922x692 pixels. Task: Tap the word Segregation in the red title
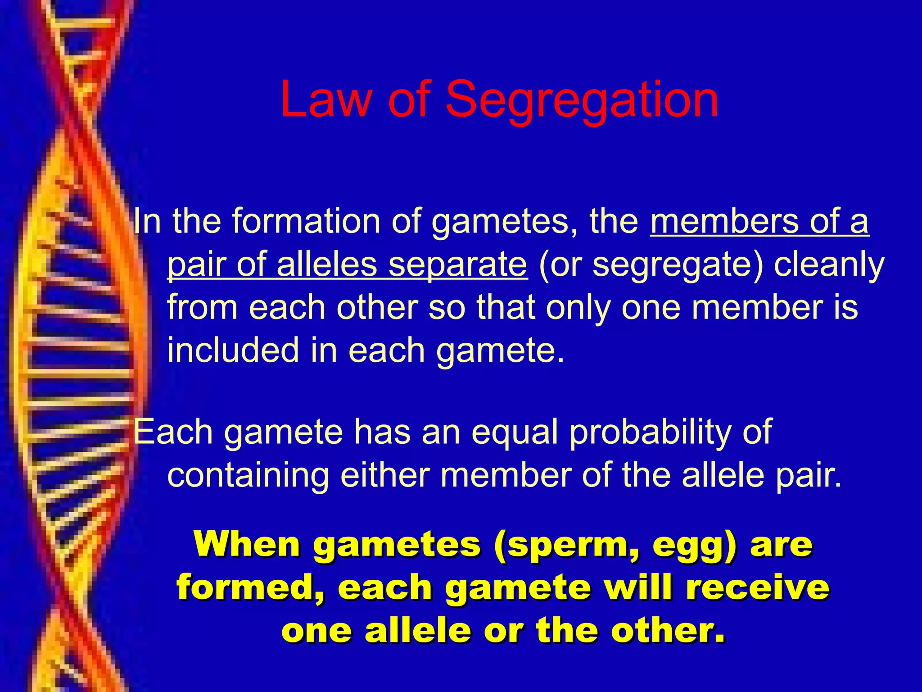pyautogui.click(x=582, y=102)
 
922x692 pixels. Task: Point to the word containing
pyautogui.click(x=248, y=476)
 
